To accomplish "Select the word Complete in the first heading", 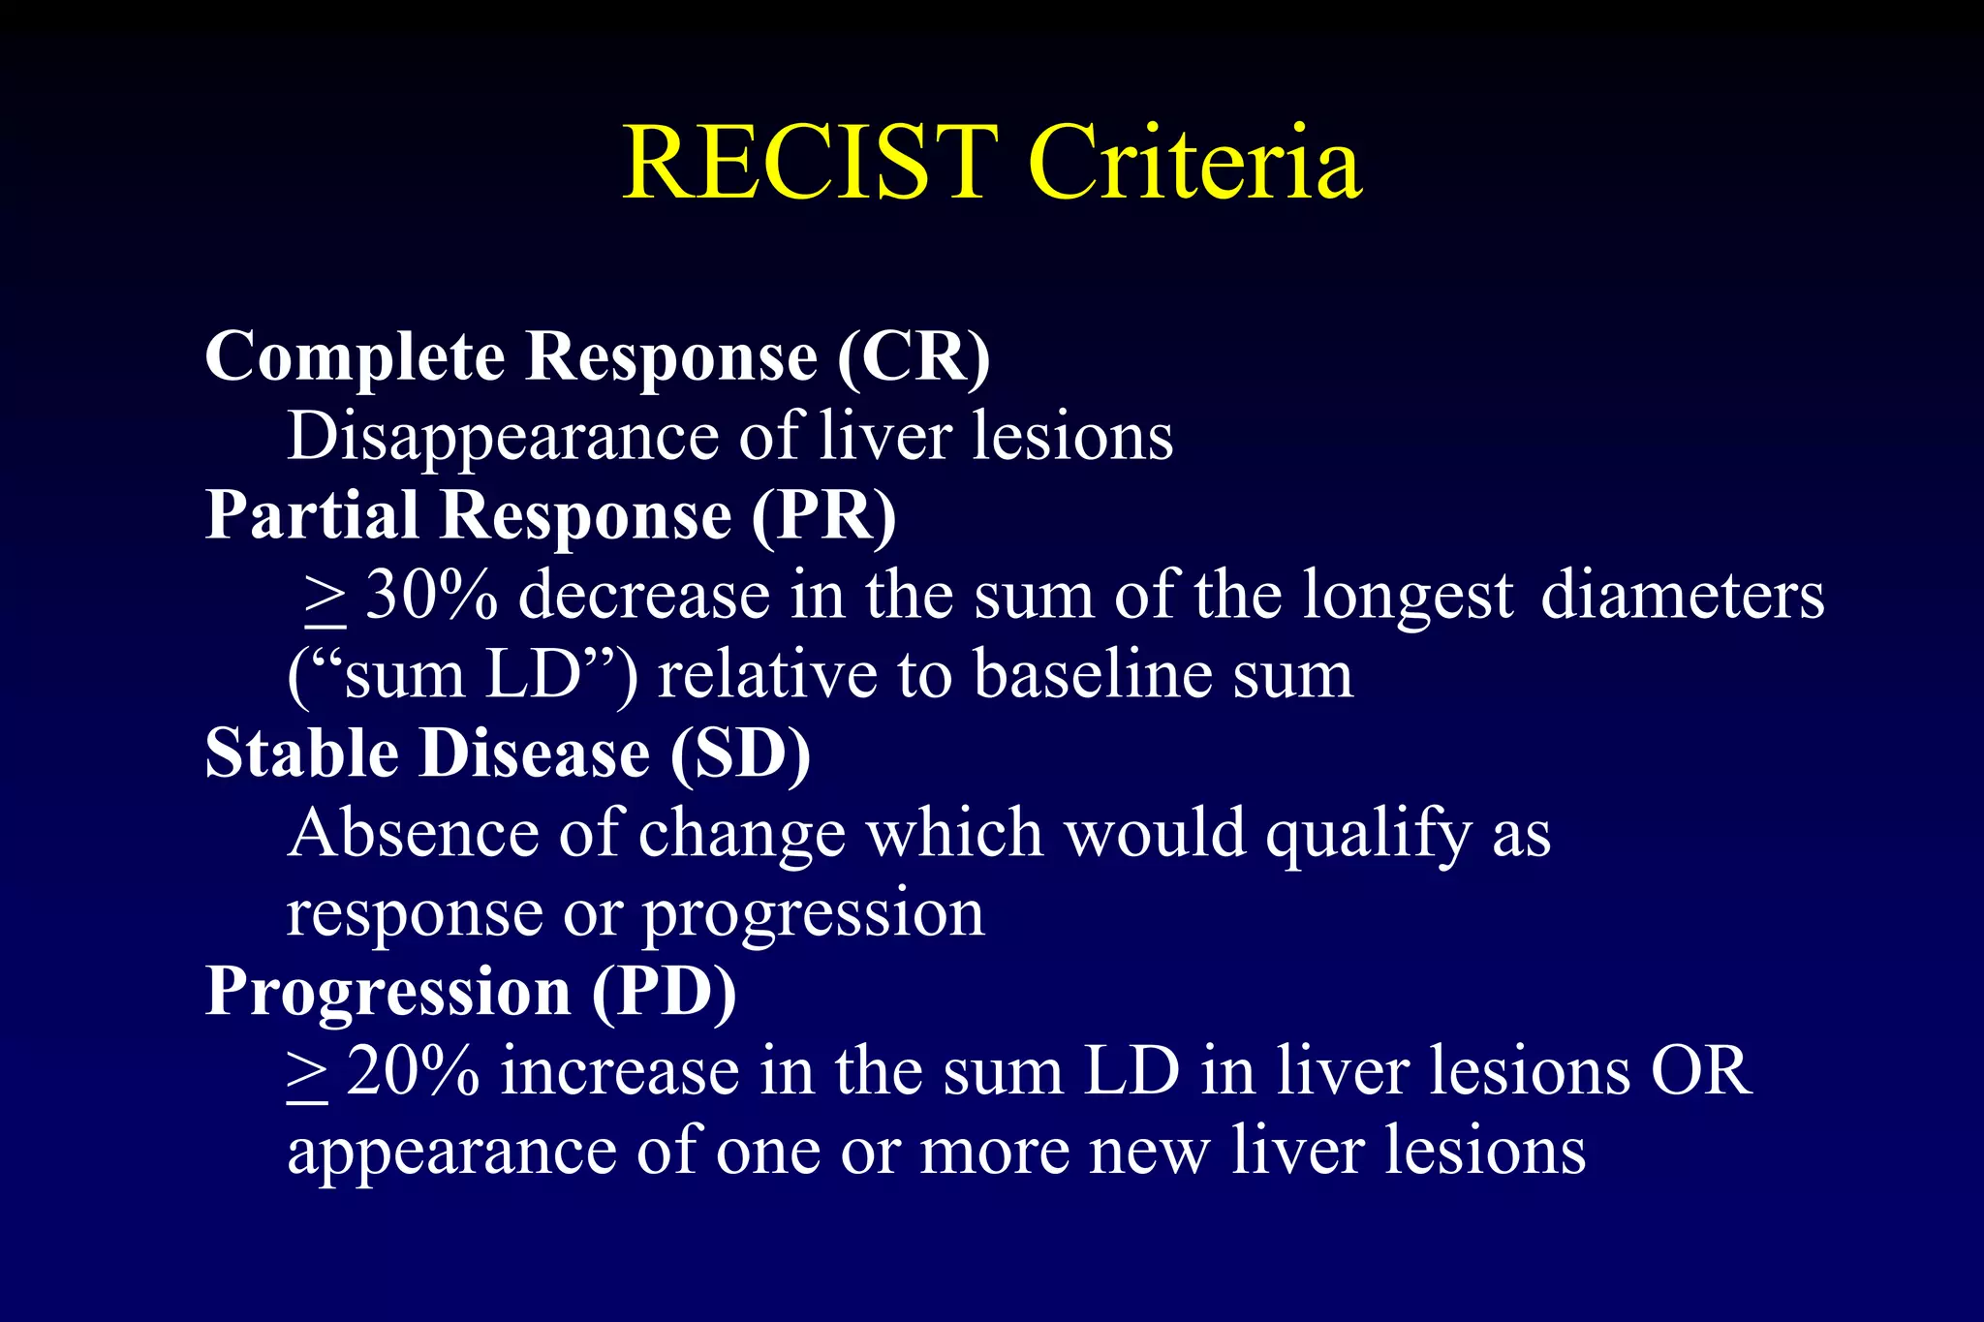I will [355, 357].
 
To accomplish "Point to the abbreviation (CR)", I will [914, 357].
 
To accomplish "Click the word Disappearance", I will [502, 437].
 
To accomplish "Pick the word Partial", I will [312, 515].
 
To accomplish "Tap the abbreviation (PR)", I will [824, 515].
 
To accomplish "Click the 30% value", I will [432, 595].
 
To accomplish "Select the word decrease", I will [643, 595].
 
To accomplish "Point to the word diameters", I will [1682, 595].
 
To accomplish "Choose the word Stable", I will [301, 753].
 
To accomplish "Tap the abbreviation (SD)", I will [740, 753].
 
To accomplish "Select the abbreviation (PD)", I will [665, 992].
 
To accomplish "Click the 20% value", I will [413, 1071].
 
